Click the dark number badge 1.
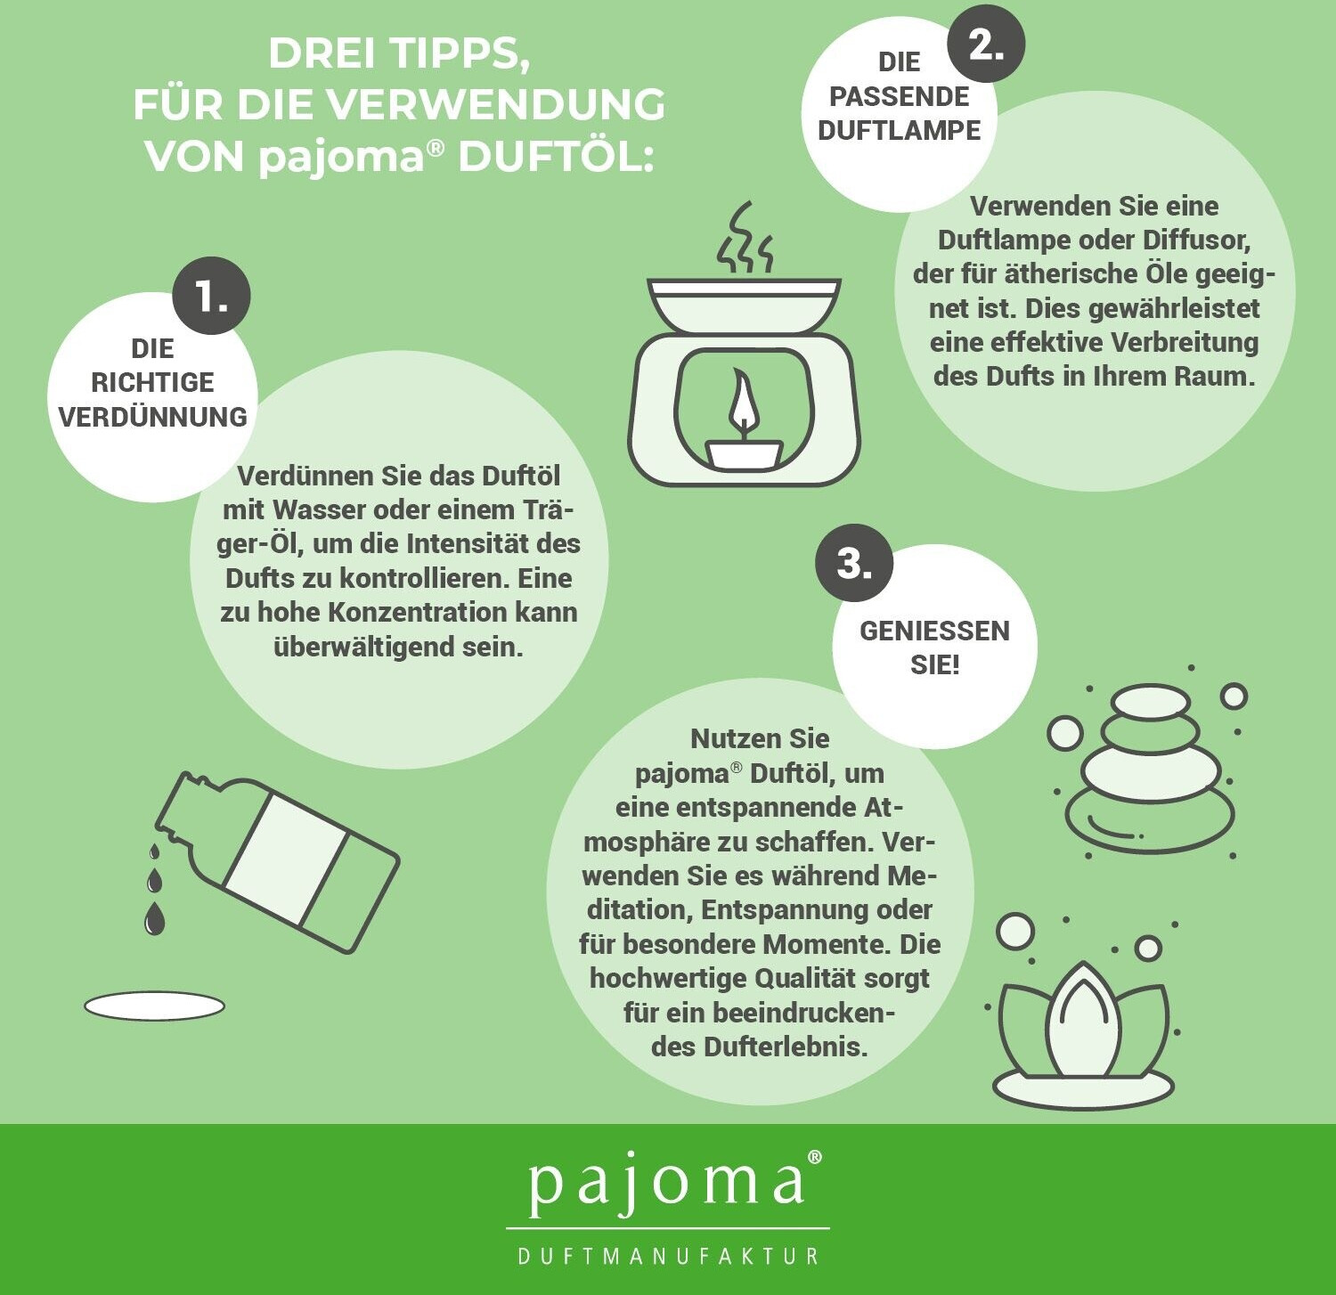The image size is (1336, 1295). (211, 296)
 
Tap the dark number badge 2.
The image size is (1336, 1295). (986, 43)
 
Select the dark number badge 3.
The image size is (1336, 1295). (854, 563)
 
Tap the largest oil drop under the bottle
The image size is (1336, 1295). (154, 918)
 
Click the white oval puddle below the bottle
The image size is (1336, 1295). (154, 1006)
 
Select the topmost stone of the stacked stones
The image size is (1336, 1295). (1151, 702)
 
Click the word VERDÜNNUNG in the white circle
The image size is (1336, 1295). (152, 417)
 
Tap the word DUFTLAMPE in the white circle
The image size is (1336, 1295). (899, 130)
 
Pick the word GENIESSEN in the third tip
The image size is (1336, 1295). (934, 631)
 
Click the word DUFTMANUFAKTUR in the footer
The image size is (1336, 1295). (668, 1256)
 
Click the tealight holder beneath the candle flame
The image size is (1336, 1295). (745, 452)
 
